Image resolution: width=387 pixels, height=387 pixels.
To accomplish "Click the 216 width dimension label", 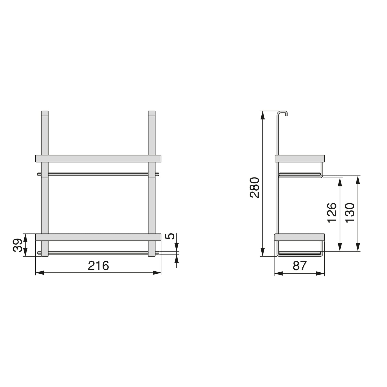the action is [x=98, y=265].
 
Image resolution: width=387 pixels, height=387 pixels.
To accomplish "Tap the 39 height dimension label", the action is [x=17, y=245].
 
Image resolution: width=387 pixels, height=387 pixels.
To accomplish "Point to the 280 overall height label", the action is [x=254, y=187].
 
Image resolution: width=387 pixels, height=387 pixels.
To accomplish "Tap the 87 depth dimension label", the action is [x=300, y=266].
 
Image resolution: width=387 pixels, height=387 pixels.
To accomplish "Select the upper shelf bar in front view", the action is [x=98, y=159].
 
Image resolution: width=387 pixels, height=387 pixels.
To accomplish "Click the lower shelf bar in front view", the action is [x=98, y=237].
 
